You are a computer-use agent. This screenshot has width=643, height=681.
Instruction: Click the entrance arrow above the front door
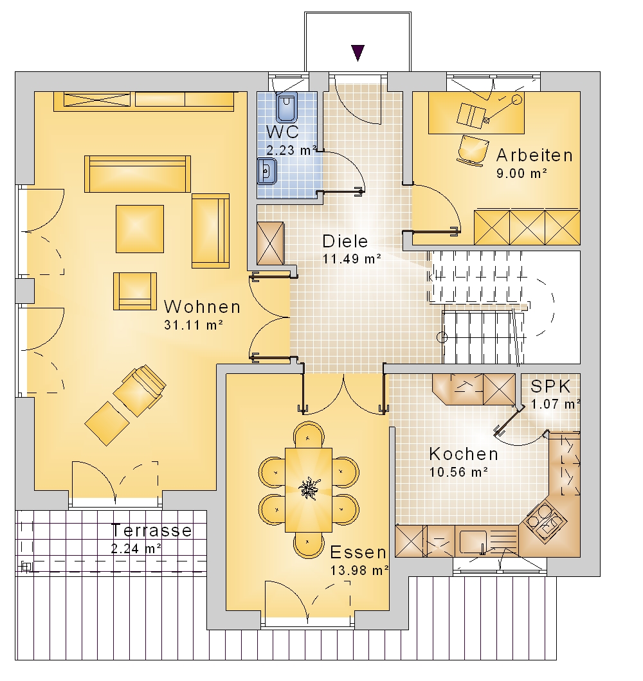point(358,53)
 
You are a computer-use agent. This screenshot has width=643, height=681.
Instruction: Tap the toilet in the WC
point(287,107)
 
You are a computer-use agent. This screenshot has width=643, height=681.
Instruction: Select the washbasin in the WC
point(267,171)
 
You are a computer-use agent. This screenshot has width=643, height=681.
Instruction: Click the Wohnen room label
point(202,307)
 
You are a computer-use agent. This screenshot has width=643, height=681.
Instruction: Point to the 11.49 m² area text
point(352,259)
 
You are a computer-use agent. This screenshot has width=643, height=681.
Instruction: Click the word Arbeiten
point(535,155)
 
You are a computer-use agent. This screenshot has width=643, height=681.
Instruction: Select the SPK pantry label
point(550,387)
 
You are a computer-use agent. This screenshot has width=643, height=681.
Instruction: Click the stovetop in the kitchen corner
point(545,520)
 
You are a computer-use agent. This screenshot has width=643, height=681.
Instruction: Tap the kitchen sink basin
point(473,542)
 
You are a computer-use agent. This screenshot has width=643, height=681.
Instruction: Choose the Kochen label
point(464,454)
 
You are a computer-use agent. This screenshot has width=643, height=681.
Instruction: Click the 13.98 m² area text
point(359,570)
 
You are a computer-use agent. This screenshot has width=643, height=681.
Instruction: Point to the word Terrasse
point(151,530)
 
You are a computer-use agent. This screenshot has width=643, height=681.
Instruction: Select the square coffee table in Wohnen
point(140,229)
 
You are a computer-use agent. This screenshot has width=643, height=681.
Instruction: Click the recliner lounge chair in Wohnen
point(140,390)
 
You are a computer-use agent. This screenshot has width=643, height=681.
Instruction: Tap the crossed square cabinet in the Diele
point(271,243)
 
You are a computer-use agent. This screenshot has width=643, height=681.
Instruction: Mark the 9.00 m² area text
point(521,173)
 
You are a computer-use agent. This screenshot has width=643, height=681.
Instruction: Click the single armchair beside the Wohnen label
point(135,292)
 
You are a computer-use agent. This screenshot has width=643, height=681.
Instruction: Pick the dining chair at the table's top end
point(309,434)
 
